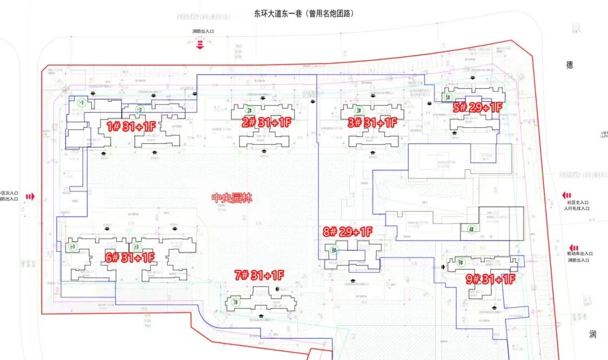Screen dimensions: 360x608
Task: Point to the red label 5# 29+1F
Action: (477, 107)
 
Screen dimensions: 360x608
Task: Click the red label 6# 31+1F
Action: (130, 258)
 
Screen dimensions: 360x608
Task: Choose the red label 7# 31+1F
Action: (260, 275)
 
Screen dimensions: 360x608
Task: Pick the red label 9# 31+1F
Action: (491, 278)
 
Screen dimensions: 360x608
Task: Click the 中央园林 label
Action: (232, 198)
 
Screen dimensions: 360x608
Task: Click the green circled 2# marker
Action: (249, 110)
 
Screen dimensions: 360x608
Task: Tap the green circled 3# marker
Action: (359, 110)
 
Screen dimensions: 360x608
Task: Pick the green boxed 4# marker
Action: (472, 229)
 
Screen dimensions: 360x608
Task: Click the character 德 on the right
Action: (570, 65)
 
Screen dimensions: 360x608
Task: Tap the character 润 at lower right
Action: (592, 335)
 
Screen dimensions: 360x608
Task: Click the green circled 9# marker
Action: (461, 263)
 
